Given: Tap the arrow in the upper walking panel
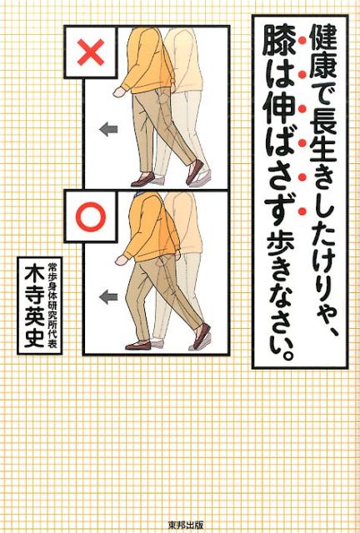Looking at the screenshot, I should tap(107, 129).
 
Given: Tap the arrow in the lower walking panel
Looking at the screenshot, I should tap(107, 296).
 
